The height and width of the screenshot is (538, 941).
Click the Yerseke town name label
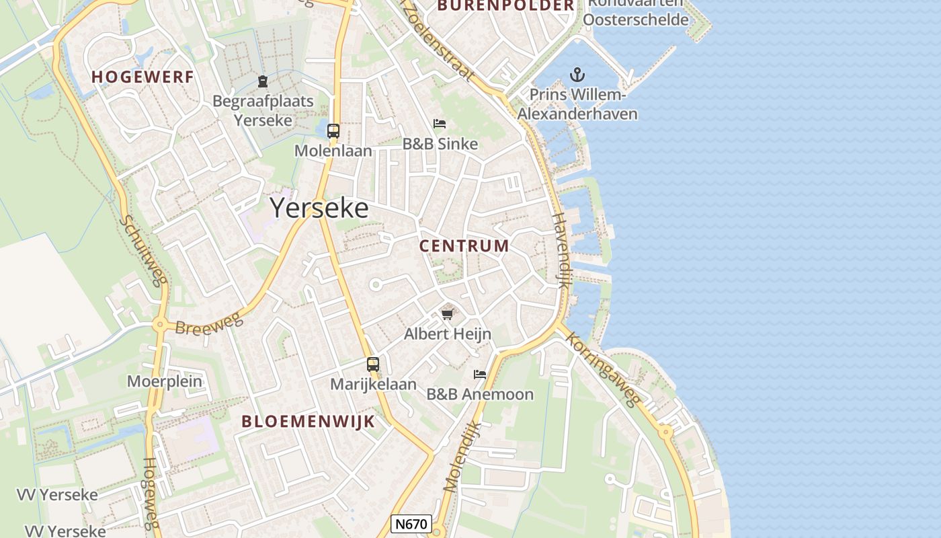point(319,208)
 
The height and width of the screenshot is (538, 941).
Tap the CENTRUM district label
point(464,246)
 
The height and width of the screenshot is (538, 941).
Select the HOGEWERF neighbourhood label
point(142,77)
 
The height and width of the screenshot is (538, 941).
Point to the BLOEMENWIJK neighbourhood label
point(308,422)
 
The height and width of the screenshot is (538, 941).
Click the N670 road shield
point(411,524)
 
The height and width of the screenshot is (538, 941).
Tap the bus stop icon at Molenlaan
point(333,131)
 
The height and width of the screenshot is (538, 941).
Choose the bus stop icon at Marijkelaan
point(373,364)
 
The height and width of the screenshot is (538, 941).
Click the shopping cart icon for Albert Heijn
point(448,314)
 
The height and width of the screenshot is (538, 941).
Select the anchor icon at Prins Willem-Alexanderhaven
point(577,75)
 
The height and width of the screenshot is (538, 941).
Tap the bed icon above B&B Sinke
point(440,124)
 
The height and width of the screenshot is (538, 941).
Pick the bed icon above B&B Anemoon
point(480,374)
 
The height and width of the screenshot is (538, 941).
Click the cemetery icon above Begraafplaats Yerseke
point(263,82)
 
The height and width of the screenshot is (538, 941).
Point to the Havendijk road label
point(561,250)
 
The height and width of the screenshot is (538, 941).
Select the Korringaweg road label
point(602,369)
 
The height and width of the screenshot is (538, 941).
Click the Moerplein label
point(165,381)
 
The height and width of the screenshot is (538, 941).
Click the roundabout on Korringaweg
point(665,432)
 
